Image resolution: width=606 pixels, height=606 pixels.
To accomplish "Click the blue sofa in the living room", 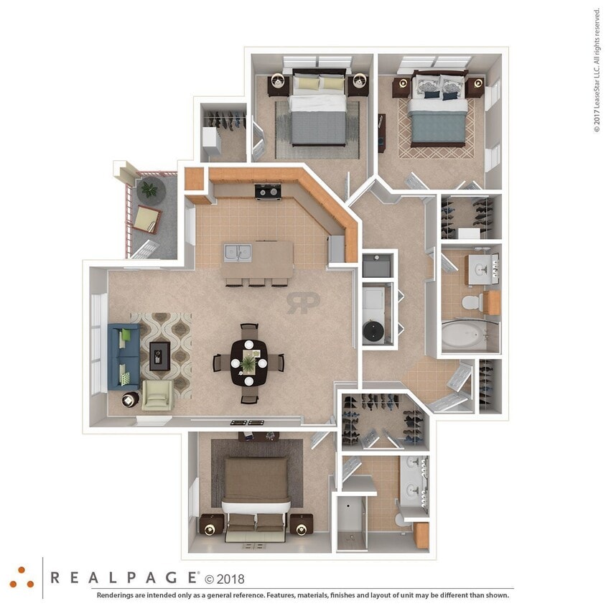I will pyautogui.click(x=123, y=355).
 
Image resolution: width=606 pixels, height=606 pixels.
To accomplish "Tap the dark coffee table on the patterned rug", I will pyautogui.click(x=160, y=355).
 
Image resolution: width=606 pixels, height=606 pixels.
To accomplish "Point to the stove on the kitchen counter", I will pyautogui.click(x=268, y=191).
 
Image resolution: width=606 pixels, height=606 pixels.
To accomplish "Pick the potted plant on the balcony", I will pyautogui.click(x=149, y=190).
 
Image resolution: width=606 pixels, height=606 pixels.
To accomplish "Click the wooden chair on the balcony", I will pyautogui.click(x=146, y=218).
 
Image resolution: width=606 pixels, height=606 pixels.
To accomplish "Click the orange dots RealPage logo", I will pyautogui.click(x=22, y=577).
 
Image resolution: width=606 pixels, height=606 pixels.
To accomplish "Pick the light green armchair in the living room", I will pyautogui.click(x=157, y=394).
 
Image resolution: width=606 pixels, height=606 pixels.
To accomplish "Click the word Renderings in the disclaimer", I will pyautogui.click(x=118, y=595).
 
